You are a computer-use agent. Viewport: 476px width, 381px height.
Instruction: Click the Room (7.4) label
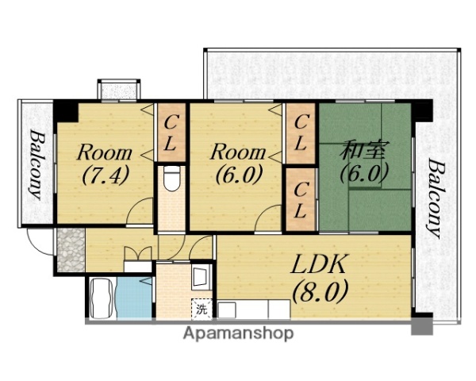click(105, 164)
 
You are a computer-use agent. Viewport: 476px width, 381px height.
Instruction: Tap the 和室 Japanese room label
click(363, 150)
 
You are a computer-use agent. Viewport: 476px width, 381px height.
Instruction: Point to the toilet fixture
click(171, 179)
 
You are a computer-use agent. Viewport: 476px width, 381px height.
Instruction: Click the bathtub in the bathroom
click(102, 298)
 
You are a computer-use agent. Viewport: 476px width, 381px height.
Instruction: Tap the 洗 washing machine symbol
click(201, 309)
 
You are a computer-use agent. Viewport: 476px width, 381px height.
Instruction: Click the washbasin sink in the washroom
click(201, 277)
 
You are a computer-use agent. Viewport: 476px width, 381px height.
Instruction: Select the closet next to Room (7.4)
click(171, 133)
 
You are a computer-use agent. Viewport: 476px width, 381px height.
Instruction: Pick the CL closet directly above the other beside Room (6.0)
click(300, 133)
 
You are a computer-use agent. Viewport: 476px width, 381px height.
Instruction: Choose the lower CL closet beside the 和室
click(300, 199)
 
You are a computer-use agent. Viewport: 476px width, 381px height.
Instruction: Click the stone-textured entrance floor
click(71, 250)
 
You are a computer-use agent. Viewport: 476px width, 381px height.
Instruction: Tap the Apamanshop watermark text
click(238, 333)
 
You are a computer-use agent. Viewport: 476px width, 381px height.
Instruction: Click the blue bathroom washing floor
click(134, 298)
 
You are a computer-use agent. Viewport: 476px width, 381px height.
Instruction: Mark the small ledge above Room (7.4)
click(119, 90)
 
